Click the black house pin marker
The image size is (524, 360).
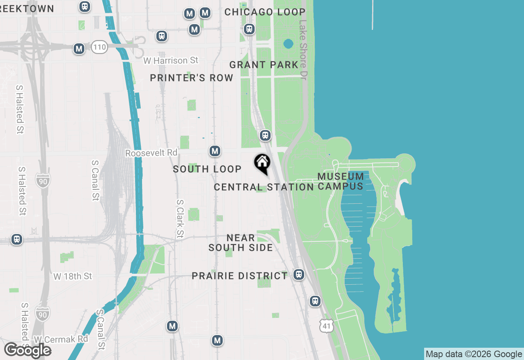(x=262, y=163)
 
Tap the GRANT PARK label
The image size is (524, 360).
(x=264, y=65)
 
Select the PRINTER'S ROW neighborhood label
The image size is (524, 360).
(x=192, y=78)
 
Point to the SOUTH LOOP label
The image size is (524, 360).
(x=207, y=169)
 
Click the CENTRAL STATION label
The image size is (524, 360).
(x=264, y=187)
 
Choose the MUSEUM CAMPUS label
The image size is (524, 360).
(x=341, y=181)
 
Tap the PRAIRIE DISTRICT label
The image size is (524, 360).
(x=240, y=276)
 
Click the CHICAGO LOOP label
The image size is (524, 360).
(x=265, y=12)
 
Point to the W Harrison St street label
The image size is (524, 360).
(x=171, y=61)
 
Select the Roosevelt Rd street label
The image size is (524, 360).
(x=151, y=153)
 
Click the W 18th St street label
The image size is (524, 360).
(x=73, y=277)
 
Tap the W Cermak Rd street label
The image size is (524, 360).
(x=61, y=339)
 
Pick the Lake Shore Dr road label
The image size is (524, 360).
(x=303, y=50)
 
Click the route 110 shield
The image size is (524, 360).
(x=99, y=47)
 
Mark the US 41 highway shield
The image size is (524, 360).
(x=327, y=325)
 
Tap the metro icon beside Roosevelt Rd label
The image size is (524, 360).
(x=215, y=151)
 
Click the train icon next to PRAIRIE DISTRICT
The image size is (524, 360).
(x=299, y=274)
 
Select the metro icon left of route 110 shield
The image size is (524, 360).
(x=79, y=49)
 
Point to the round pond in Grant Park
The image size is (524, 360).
(x=288, y=43)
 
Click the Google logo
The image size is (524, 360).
(x=27, y=351)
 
